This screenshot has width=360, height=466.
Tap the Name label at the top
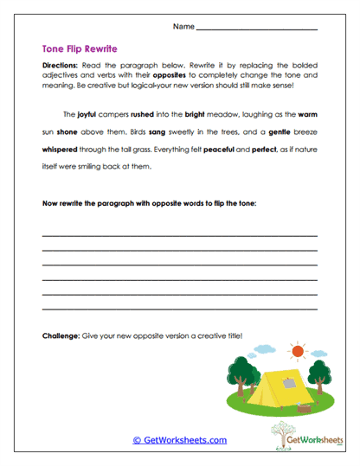click(183, 27)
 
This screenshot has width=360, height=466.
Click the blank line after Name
click(257, 29)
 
